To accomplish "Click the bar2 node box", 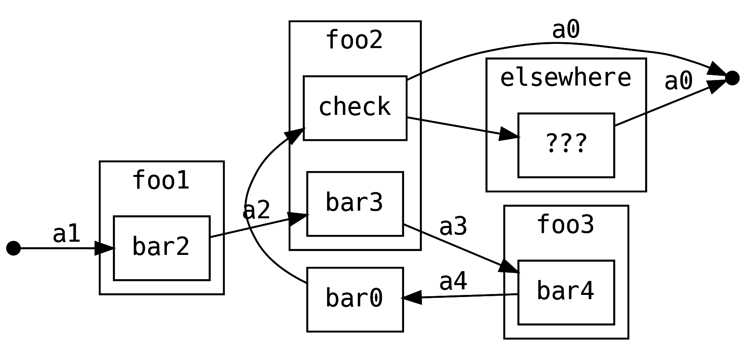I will (x=161, y=248).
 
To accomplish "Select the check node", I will (x=355, y=108).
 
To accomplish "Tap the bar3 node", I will (x=355, y=203).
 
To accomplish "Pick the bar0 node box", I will (x=355, y=299).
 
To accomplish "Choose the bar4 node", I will (x=565, y=292).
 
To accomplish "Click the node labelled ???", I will (x=565, y=145).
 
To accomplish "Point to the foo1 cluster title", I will (x=161, y=180).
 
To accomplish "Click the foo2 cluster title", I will (x=354, y=40).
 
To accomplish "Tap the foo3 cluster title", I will (x=565, y=225).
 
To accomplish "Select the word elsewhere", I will (x=565, y=78).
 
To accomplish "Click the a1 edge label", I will (x=66, y=234).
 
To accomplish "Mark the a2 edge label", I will (x=256, y=210).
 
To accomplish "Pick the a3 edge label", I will (x=453, y=226).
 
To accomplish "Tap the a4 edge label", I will (x=453, y=282).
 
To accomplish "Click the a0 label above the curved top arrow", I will (x=566, y=30).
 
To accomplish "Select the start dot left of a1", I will (x=14, y=248).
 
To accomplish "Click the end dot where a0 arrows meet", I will (x=732, y=78).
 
